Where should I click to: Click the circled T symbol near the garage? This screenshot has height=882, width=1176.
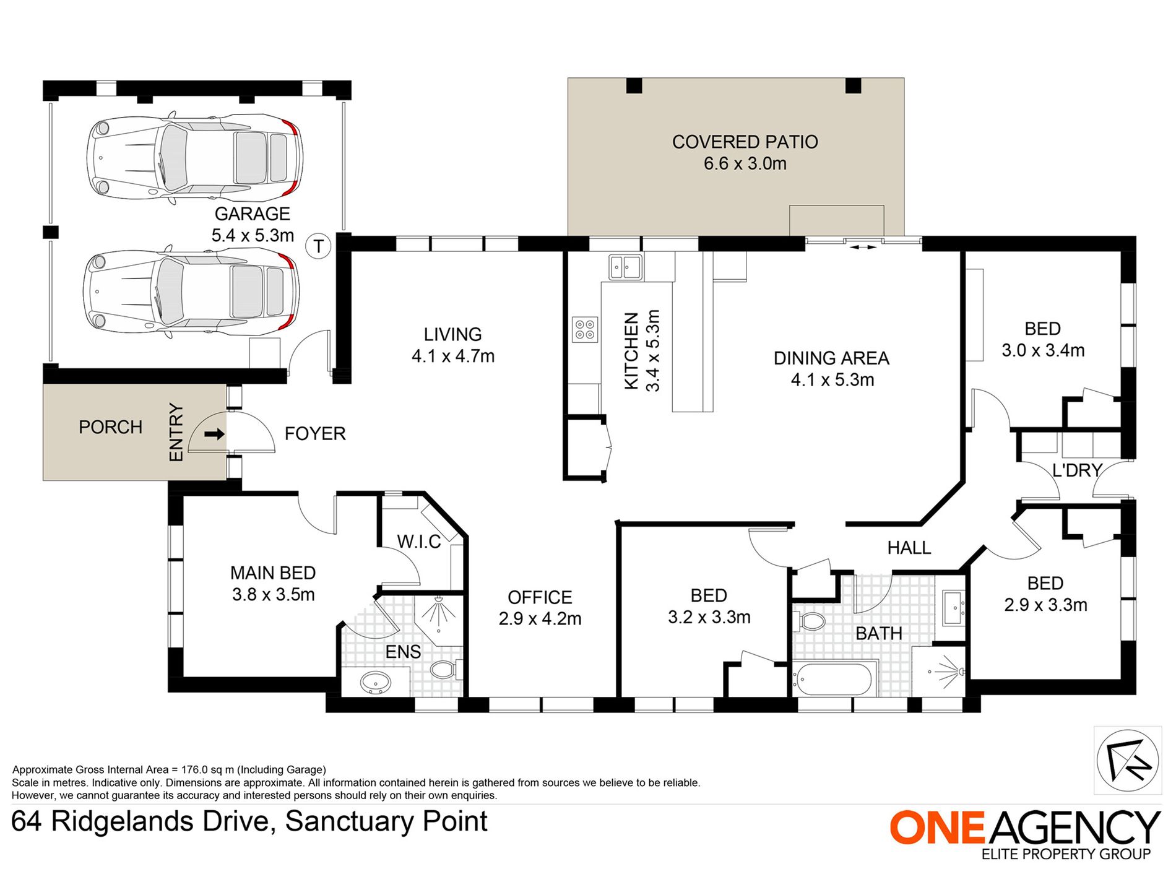(x=319, y=246)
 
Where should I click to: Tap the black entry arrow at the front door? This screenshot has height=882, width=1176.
(x=214, y=435)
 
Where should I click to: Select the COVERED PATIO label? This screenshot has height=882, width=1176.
(x=745, y=142)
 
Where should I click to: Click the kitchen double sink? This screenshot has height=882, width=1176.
(x=625, y=267)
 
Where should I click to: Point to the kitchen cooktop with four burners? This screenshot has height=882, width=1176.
(x=585, y=329)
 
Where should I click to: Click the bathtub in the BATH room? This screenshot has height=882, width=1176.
(x=834, y=680)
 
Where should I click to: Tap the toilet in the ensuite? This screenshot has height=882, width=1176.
(x=443, y=668)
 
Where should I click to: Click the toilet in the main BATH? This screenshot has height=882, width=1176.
(x=810, y=621)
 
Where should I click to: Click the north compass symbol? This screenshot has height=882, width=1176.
(x=1127, y=761)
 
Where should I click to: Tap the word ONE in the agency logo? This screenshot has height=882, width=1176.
(x=936, y=828)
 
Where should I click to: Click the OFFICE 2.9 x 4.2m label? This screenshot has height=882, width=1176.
(x=540, y=608)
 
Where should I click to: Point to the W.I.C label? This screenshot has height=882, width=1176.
(x=419, y=542)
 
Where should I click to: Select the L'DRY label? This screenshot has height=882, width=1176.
(x=1077, y=470)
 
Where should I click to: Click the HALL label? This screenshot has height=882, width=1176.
(x=909, y=548)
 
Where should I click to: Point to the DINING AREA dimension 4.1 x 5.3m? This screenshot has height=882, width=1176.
(x=832, y=380)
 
